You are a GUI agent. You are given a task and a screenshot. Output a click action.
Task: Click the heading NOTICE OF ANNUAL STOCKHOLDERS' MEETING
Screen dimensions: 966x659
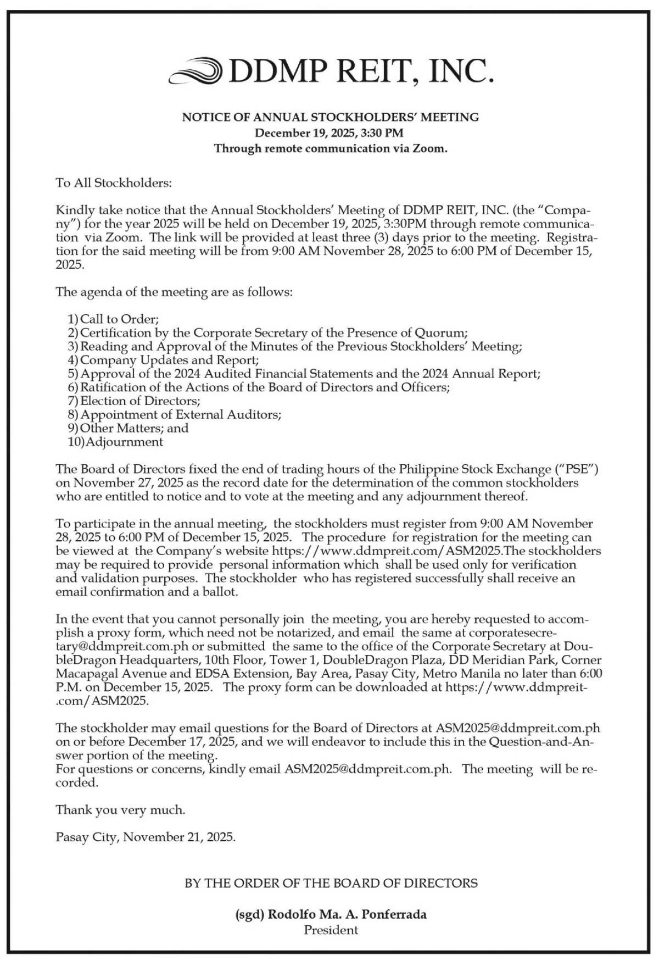pyautogui.click(x=331, y=117)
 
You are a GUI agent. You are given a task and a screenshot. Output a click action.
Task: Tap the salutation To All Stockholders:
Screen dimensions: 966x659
pyautogui.click(x=114, y=183)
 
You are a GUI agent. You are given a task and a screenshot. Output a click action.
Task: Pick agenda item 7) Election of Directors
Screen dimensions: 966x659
pyautogui.click(x=134, y=401)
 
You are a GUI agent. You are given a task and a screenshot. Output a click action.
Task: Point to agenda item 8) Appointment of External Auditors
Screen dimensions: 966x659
pyautogui.click(x=175, y=415)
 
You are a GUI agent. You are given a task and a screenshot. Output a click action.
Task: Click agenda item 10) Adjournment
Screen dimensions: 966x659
pyautogui.click(x=115, y=442)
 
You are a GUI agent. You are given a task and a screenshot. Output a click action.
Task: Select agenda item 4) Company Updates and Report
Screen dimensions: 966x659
pyautogui.click(x=163, y=360)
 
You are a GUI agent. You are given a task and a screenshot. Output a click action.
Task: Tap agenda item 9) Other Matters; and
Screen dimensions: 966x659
pyautogui.click(x=128, y=428)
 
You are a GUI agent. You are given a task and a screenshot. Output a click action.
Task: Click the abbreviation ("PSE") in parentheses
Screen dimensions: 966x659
pyautogui.click(x=575, y=470)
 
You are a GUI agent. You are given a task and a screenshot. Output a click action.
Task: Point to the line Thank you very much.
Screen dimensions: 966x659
pyautogui.click(x=120, y=810)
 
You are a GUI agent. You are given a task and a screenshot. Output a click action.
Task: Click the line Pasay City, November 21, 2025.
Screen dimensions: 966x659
pyautogui.click(x=146, y=837)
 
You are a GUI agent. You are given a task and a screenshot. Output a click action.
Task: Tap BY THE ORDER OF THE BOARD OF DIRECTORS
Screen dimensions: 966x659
pyautogui.click(x=331, y=884)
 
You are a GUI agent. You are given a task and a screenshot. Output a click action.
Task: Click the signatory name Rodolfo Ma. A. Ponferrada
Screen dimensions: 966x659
pyautogui.click(x=347, y=915)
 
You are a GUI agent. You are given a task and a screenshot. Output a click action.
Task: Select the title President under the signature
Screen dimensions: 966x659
pyautogui.click(x=331, y=930)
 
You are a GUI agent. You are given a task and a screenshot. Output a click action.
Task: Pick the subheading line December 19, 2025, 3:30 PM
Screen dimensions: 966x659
pyautogui.click(x=329, y=132)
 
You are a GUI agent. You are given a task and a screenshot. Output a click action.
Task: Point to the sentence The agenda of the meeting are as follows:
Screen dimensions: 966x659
pyautogui.click(x=174, y=292)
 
